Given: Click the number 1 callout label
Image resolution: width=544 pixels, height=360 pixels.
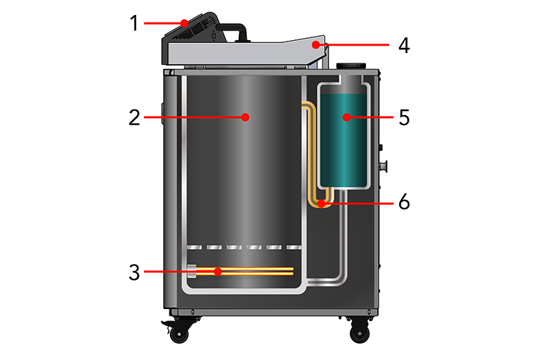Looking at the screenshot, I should [134, 22].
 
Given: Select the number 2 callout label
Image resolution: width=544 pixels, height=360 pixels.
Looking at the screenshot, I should [134, 117].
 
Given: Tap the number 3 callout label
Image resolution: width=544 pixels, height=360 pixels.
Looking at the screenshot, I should [134, 273].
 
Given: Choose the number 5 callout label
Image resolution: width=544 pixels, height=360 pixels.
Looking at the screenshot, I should [403, 117].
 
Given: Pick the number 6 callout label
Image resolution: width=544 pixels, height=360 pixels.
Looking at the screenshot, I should [403, 203].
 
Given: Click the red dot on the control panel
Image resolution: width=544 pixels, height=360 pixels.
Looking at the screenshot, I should [185, 23].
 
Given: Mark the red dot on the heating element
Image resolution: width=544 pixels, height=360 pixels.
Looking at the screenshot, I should [218, 272].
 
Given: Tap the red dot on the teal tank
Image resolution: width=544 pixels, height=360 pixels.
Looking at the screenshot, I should [346, 117].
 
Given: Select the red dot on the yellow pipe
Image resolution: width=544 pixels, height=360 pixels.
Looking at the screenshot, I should [319, 203].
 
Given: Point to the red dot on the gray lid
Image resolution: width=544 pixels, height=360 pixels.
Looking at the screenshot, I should [315, 45].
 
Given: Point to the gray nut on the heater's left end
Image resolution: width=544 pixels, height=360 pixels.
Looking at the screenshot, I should [191, 271].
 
